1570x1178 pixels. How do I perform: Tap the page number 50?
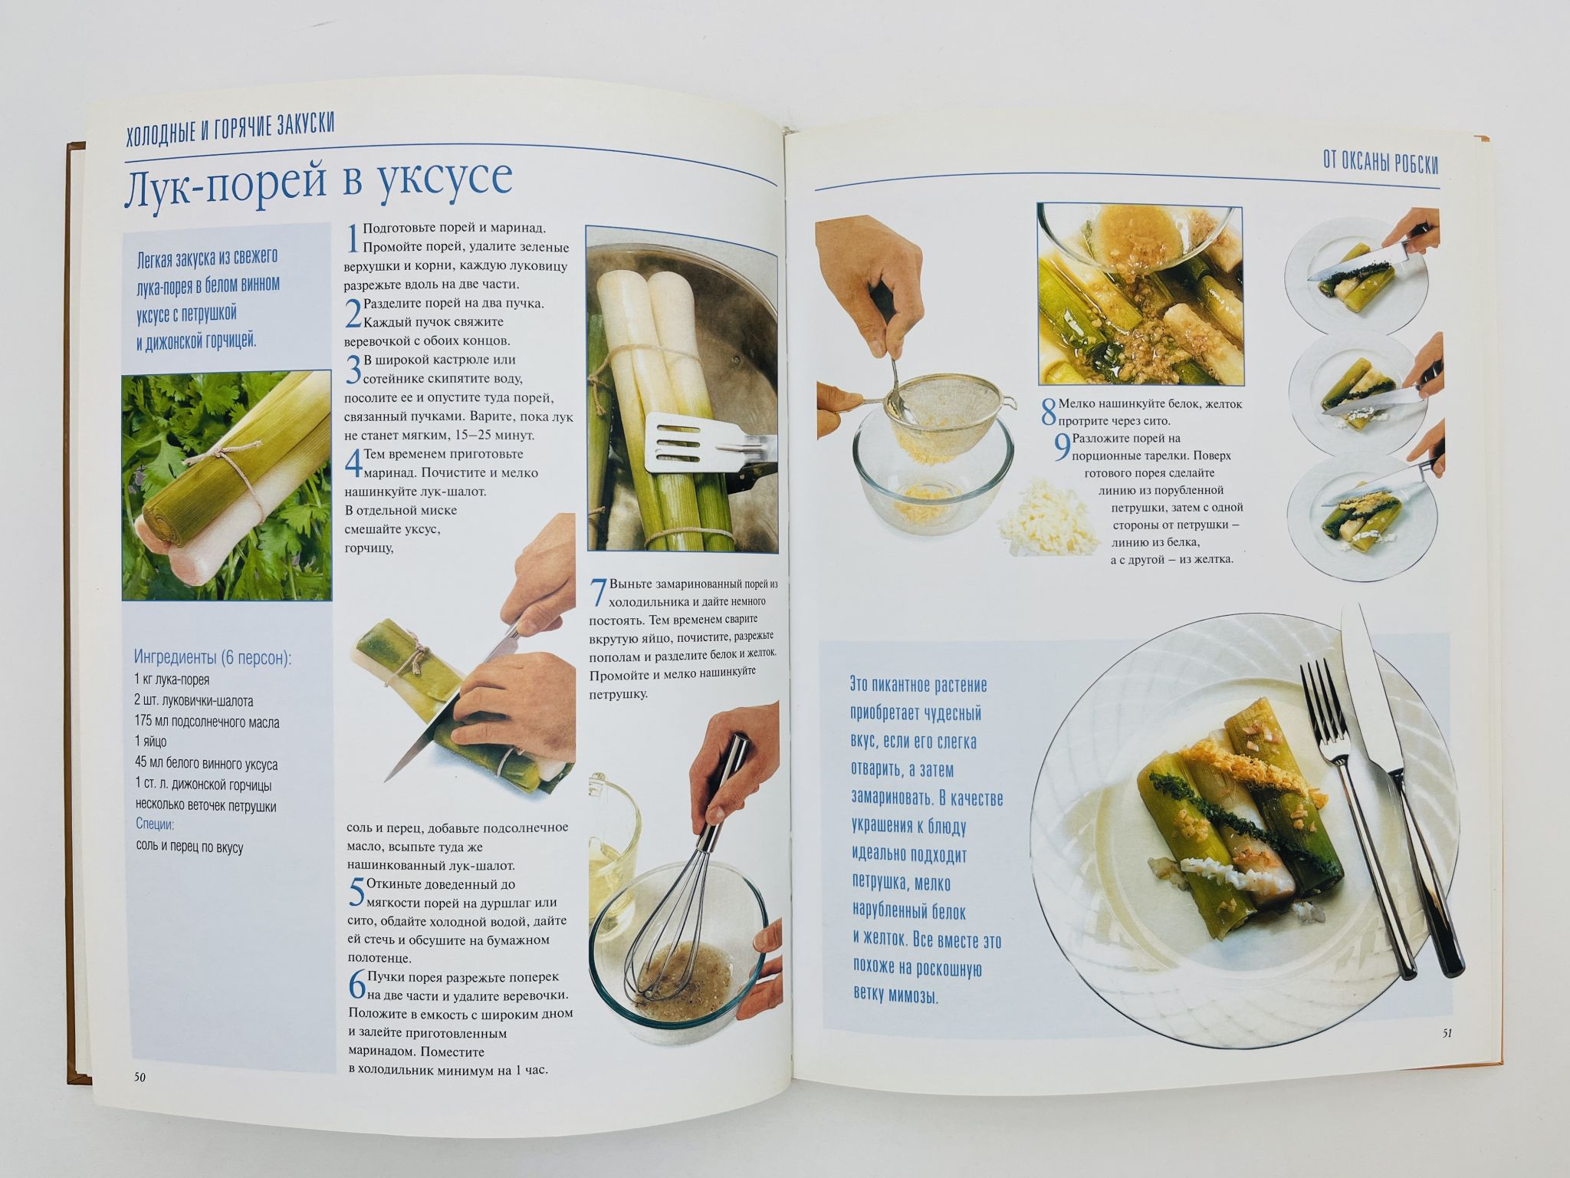tap(140, 1078)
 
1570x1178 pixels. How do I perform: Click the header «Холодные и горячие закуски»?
tap(230, 125)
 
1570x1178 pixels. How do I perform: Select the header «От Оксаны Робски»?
tap(1381, 163)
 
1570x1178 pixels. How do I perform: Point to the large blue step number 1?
tap(352, 239)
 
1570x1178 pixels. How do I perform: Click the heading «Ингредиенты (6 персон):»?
tap(213, 657)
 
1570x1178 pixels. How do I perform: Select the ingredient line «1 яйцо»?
tap(150, 742)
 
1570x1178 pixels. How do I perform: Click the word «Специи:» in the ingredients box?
tap(155, 825)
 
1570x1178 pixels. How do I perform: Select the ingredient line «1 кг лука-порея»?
tap(172, 679)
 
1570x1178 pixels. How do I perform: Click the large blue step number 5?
tap(356, 893)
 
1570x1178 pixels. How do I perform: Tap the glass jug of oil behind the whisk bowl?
tap(613, 828)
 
